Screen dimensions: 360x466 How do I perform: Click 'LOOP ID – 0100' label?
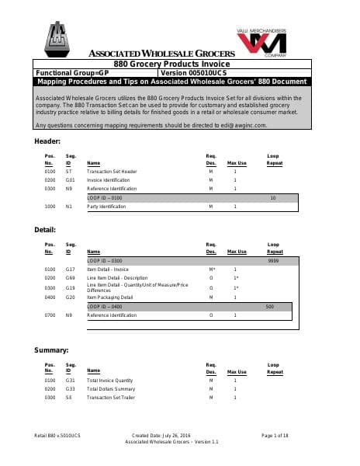(x=106, y=198)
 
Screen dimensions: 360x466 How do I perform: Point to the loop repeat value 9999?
(x=272, y=262)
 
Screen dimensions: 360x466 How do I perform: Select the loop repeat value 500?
(x=269, y=307)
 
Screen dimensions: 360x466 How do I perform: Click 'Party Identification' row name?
(x=108, y=207)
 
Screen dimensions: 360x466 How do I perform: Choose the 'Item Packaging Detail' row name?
(x=110, y=297)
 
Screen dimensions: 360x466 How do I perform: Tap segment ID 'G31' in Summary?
(x=71, y=380)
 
